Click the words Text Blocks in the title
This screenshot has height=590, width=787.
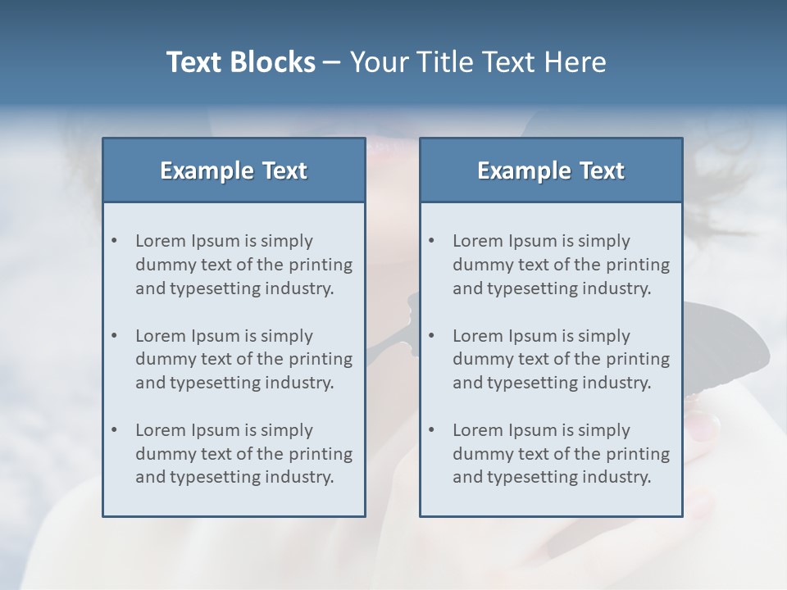pyautogui.click(x=240, y=62)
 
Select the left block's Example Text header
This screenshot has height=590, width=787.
pyautogui.click(x=234, y=170)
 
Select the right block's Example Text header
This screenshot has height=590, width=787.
pyautogui.click(x=551, y=170)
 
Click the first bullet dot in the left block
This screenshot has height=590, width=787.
pyautogui.click(x=115, y=241)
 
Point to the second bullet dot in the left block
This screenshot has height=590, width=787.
pyautogui.click(x=115, y=336)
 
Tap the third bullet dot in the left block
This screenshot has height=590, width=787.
pyautogui.click(x=115, y=430)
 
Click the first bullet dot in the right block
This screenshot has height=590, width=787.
pyautogui.click(x=432, y=241)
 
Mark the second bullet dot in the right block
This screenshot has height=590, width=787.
pyautogui.click(x=432, y=336)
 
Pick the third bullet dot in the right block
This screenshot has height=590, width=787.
pyautogui.click(x=432, y=430)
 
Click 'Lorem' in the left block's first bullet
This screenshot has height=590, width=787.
pyautogui.click(x=161, y=241)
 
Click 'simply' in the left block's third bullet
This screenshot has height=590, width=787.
pyautogui.click(x=287, y=430)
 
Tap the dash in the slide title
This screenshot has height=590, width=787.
pyautogui.click(x=332, y=62)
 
